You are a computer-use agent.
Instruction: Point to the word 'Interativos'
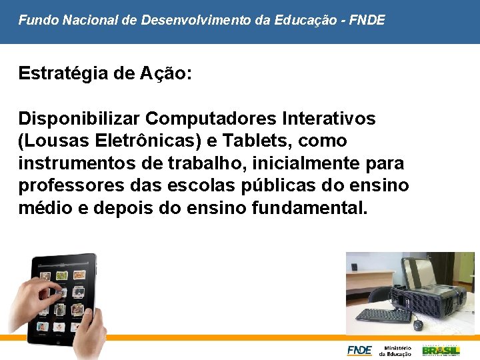329,119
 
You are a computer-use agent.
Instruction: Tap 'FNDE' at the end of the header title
367,20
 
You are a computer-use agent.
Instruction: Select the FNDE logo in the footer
359,350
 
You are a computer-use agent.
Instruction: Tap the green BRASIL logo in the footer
441,349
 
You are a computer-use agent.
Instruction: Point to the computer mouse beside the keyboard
418,325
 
